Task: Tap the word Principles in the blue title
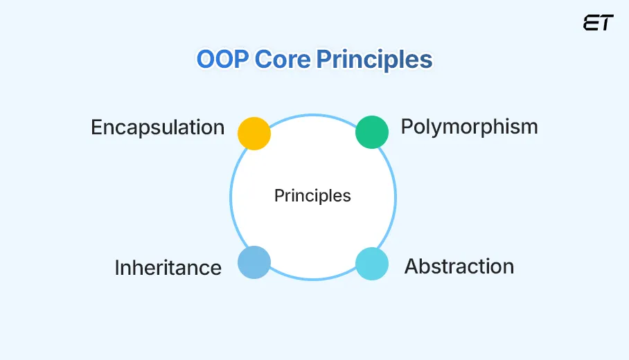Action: click(374, 60)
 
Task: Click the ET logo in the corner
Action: click(598, 23)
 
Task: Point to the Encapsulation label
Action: click(158, 128)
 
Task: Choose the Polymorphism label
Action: click(469, 127)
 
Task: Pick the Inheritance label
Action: click(168, 268)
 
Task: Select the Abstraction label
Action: click(459, 267)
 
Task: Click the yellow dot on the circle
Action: click(254, 133)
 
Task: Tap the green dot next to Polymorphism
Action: click(372, 132)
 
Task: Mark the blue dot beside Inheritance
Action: click(254, 262)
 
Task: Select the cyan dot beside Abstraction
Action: click(372, 263)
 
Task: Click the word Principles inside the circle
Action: click(312, 196)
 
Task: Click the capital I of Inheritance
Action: click(117, 268)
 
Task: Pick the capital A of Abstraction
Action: click(411, 267)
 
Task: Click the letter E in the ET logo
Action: click(591, 23)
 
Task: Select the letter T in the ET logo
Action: click(605, 23)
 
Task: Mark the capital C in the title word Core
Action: click(263, 60)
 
